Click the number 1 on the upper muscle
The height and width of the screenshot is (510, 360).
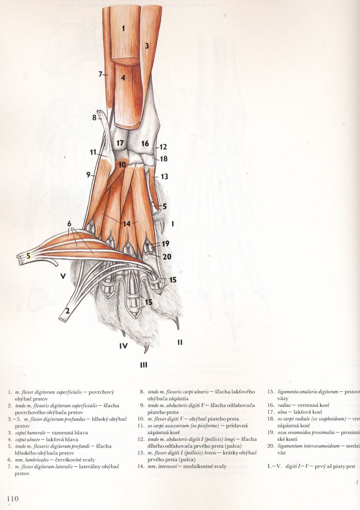123,28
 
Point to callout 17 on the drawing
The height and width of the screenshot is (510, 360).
120,143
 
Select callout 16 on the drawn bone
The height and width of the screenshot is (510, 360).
145,143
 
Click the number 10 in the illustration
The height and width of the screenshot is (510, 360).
122,165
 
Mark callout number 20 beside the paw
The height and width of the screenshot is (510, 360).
166,256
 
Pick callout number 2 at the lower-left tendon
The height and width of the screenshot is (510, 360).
68,311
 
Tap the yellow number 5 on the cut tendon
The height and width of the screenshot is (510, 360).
29,256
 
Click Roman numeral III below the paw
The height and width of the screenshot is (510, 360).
143,366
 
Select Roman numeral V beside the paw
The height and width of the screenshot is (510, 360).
63,276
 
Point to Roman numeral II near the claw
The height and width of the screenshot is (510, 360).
180,342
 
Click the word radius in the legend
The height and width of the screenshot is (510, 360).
284,405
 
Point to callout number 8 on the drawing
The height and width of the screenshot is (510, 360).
95,117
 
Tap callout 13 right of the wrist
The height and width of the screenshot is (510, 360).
164,177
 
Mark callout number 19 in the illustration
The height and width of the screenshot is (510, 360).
165,243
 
